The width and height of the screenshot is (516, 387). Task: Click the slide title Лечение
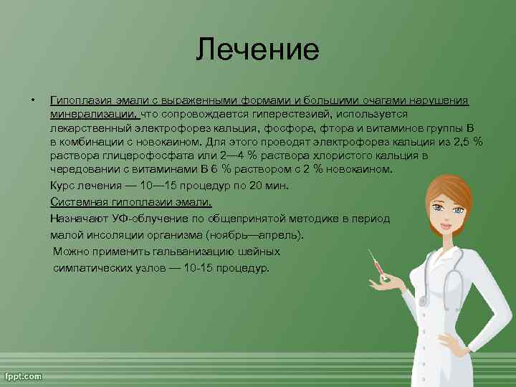[258, 49]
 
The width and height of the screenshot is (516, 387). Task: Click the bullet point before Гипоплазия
[32, 100]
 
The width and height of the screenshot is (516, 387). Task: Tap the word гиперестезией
[288, 114]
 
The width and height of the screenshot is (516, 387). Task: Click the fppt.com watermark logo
[23, 376]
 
